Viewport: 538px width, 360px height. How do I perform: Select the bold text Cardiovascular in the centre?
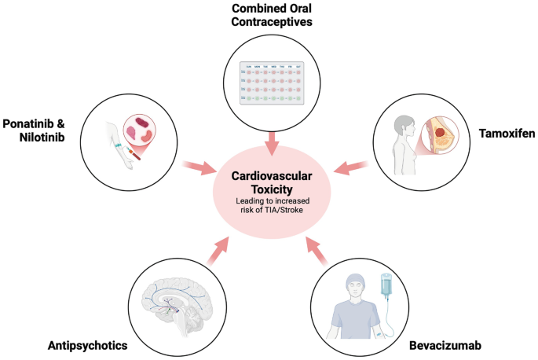269,178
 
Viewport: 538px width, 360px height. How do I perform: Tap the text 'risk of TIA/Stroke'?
269,211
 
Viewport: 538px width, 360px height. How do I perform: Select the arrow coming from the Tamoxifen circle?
350,166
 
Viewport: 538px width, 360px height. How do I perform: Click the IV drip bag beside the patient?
386,288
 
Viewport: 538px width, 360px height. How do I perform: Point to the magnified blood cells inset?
148,128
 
